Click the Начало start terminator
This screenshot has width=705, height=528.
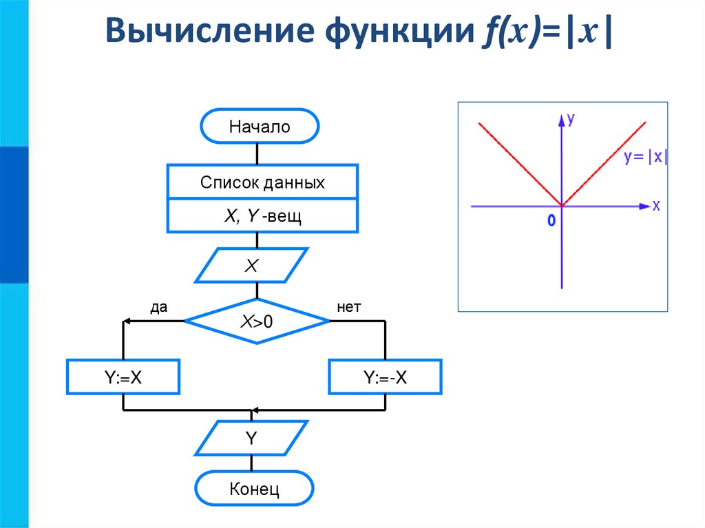point(260,127)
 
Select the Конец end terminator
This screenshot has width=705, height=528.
point(254,489)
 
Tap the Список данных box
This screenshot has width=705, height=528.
point(262,182)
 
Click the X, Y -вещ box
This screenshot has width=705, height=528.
point(262,216)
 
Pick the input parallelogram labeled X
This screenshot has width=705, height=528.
point(251,266)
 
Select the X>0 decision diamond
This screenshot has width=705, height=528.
point(257,321)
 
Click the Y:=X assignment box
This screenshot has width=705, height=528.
point(123,377)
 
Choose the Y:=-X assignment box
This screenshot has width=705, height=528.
point(386,377)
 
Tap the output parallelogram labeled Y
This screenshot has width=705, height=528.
point(251,438)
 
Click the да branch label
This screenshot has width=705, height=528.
point(159,308)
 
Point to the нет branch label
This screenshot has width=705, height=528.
point(349,308)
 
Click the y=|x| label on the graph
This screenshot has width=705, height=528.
point(645,157)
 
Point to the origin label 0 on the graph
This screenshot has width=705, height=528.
point(551,220)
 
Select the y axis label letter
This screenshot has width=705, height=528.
point(571,118)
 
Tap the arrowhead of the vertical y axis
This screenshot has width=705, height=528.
point(562,118)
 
